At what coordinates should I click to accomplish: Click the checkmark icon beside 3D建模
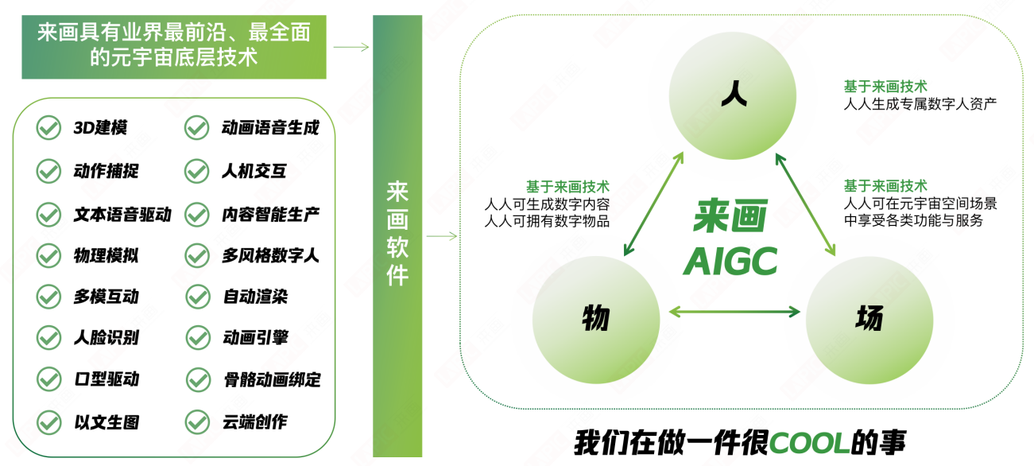click(x=48, y=128)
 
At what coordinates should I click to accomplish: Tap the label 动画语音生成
click(x=270, y=127)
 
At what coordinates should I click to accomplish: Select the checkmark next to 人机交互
click(x=196, y=171)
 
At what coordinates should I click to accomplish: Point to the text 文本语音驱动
click(x=122, y=214)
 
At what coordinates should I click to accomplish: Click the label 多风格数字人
click(x=270, y=255)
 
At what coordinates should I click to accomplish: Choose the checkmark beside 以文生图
click(x=49, y=422)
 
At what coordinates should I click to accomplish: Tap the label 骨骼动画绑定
click(x=273, y=379)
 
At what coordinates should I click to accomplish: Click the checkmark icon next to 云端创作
click(x=197, y=421)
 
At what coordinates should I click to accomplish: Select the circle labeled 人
click(x=733, y=95)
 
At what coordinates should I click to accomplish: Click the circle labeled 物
click(x=596, y=320)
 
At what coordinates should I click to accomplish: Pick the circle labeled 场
click(x=869, y=320)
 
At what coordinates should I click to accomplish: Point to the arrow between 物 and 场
click(x=734, y=312)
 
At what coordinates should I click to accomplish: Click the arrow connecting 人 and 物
click(x=653, y=204)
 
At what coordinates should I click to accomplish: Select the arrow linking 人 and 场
click(x=806, y=204)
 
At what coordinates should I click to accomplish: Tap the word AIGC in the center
click(x=730, y=262)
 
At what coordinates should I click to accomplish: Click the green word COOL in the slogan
click(x=810, y=442)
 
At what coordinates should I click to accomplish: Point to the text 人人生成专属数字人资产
click(x=920, y=104)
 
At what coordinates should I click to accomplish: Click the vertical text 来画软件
click(x=397, y=233)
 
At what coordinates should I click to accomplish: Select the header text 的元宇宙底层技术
click(x=173, y=57)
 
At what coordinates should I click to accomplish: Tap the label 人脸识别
click(x=106, y=337)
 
